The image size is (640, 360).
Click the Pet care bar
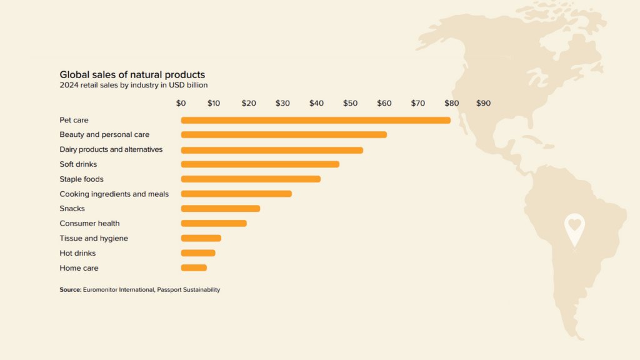(x=316, y=120)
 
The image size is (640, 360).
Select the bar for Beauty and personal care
(x=284, y=135)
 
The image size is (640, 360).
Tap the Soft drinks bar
(x=260, y=164)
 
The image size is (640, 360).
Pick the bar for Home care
(x=194, y=268)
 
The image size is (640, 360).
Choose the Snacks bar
(x=220, y=209)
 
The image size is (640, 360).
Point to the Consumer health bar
(x=214, y=224)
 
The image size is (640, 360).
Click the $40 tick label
(x=316, y=103)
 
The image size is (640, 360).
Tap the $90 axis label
(x=483, y=103)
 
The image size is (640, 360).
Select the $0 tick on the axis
(x=181, y=103)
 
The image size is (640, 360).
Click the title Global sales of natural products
(x=132, y=75)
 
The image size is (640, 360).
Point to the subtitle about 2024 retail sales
(x=133, y=85)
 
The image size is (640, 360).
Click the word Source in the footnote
(x=70, y=290)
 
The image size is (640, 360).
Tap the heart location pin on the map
(x=574, y=228)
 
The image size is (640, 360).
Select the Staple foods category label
(x=81, y=179)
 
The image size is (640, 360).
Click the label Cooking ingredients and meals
(x=114, y=194)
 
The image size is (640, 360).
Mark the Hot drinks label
(x=77, y=253)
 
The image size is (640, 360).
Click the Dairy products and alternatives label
(x=111, y=150)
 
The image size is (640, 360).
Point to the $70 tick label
(x=417, y=103)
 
